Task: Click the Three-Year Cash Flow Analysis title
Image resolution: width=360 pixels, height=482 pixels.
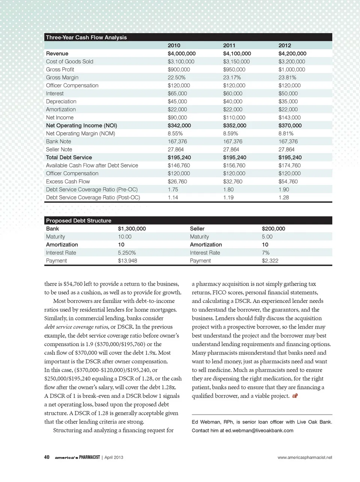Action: [x=86, y=37]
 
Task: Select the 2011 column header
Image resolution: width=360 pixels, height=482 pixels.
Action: [x=229, y=45]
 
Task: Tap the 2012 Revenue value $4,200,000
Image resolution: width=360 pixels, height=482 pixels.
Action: [x=292, y=54]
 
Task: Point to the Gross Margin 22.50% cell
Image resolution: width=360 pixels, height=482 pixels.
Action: [x=176, y=77]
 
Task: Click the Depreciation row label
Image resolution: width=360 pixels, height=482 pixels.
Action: [x=61, y=101]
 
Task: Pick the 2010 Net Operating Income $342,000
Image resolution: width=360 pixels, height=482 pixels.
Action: [x=179, y=125]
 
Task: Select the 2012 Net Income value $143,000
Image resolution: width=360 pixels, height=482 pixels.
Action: [x=289, y=117]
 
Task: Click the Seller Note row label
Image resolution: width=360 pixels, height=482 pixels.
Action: [x=59, y=149]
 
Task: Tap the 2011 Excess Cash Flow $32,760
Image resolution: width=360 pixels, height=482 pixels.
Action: [x=232, y=181]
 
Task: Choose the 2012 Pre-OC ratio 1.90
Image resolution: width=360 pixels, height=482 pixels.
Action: [x=283, y=190]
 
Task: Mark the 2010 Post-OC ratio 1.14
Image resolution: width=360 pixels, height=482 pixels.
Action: [x=172, y=197]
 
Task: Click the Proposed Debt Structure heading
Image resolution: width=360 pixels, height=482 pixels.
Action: [x=78, y=220]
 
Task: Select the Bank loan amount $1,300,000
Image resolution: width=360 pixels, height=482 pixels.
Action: [x=132, y=229]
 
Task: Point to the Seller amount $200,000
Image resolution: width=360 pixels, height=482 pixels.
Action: [x=273, y=229]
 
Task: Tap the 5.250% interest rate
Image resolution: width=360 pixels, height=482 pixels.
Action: [x=127, y=253]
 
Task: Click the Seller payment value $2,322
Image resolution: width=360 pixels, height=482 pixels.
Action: [x=270, y=261]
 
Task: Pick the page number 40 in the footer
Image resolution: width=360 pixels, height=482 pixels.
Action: [x=47, y=457]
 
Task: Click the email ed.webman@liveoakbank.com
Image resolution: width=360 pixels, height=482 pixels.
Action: [x=259, y=431]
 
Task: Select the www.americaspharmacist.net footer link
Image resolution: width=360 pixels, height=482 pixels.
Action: [x=304, y=457]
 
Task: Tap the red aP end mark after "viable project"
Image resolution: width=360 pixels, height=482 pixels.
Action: [x=295, y=396]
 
